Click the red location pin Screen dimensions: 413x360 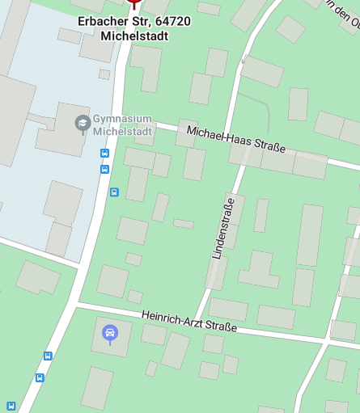(x=133, y=4)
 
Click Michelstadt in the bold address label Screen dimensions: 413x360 (x=135, y=36)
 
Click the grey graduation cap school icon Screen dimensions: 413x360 (x=82, y=123)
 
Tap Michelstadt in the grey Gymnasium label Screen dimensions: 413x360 (x=121, y=131)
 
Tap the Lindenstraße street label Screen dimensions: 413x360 (x=222, y=228)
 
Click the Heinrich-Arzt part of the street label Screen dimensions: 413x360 (x=172, y=318)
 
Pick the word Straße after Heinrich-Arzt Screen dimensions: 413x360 (x=220, y=327)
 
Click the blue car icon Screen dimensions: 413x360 (x=110, y=332)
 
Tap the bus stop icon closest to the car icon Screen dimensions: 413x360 (x=48, y=356)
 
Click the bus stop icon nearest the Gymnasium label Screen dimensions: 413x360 (x=104, y=154)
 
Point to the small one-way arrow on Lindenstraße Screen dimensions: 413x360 (x=244, y=59)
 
